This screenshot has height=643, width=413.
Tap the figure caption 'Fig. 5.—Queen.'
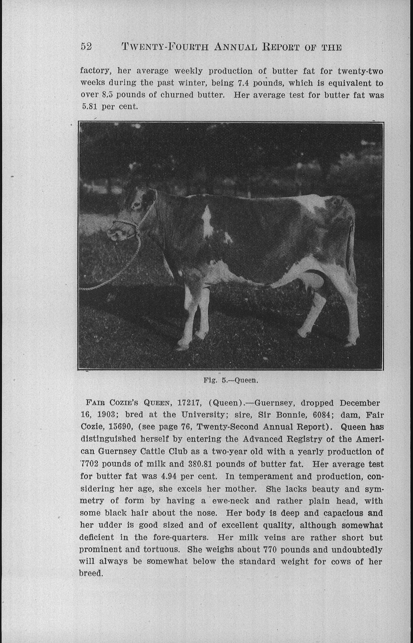coord(231,380)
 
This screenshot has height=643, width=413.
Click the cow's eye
coord(137,205)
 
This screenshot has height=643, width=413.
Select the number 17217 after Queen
coord(189,403)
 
